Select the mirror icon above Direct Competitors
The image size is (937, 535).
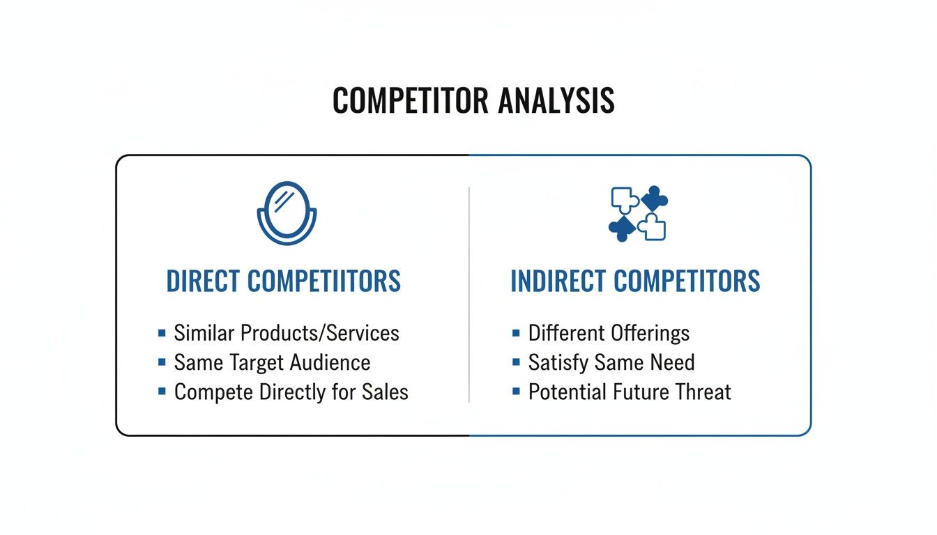coord(287,213)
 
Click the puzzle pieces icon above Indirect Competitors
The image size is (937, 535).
coord(637,213)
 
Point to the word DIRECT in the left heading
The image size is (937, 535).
coord(203,281)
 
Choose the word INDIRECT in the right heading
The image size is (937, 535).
coord(558,281)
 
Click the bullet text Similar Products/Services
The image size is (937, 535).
coord(287,333)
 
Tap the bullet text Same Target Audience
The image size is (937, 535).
coord(272,362)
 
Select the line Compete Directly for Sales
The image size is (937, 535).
coord(291,391)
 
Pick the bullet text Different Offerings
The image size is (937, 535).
coord(609,333)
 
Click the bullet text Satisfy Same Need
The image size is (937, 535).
coord(611,362)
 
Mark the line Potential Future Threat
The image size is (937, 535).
coord(630,391)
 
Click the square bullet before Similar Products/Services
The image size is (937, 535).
coord(162,333)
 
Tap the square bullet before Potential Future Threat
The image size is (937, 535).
coord(516,391)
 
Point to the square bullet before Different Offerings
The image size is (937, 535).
coord(516,333)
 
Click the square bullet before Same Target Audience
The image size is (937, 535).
coord(162,362)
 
